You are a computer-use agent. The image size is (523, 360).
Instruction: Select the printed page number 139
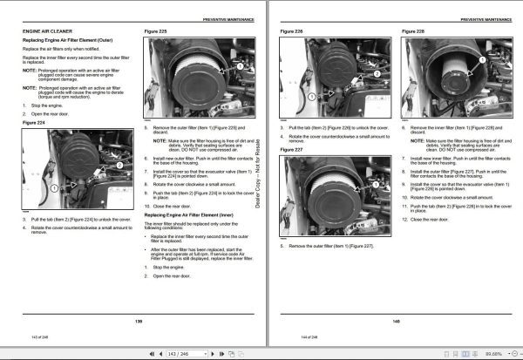click(138, 321)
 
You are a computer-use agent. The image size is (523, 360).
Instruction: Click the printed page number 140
click(396, 321)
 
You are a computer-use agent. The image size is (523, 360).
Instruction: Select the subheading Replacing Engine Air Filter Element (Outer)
click(67, 41)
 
